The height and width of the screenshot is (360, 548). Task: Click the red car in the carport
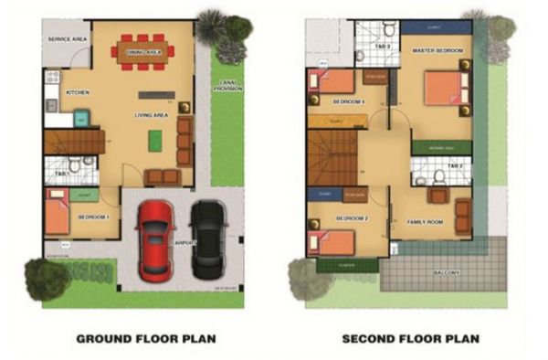pos(156,239)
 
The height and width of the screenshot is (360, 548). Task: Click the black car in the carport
pos(206,239)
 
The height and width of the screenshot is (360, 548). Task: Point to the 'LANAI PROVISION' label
pos(227,88)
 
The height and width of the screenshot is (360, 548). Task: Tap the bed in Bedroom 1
pos(58,217)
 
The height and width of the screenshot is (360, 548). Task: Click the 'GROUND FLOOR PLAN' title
pos(145,338)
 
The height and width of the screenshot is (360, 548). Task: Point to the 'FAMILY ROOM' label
pos(424,221)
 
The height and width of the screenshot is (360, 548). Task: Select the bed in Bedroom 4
pos(323,81)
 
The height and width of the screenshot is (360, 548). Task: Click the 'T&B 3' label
pos(385,46)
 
